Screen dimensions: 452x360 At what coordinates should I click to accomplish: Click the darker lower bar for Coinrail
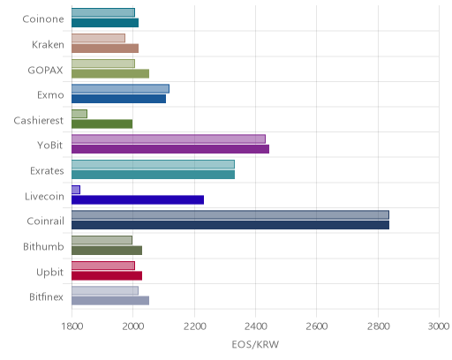click(230, 225)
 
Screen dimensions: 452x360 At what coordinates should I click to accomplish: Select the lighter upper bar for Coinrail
click(230, 214)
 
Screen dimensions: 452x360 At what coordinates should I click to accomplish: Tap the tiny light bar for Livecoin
click(76, 190)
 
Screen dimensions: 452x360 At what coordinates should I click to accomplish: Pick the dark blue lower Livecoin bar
click(138, 200)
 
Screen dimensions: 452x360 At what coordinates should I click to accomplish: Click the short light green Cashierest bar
click(79, 114)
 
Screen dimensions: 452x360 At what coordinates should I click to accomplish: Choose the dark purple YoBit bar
click(170, 149)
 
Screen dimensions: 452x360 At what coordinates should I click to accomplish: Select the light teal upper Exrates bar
click(153, 164)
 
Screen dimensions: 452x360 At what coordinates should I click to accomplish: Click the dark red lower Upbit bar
click(107, 276)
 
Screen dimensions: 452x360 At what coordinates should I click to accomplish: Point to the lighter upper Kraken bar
click(98, 38)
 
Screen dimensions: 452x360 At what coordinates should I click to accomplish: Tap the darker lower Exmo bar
click(119, 99)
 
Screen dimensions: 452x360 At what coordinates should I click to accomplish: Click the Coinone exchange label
click(43, 19)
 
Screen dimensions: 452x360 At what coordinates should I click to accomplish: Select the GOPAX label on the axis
click(45, 70)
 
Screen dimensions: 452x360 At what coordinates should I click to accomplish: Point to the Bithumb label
click(43, 246)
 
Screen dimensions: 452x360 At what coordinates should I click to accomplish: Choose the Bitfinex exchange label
click(46, 296)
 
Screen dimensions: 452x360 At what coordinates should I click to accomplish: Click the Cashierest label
click(39, 120)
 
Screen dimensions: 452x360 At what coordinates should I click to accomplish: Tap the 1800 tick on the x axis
click(72, 326)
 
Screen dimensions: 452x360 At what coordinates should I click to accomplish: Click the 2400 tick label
click(256, 326)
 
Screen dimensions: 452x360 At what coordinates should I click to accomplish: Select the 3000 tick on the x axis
click(439, 326)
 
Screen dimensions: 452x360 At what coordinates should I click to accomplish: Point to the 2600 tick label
click(317, 326)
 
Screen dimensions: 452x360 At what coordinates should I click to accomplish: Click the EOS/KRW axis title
click(255, 344)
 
